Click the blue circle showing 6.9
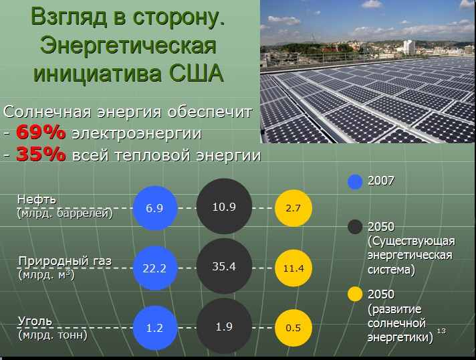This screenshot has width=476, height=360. click(x=155, y=208)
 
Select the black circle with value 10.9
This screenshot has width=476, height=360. click(x=225, y=206)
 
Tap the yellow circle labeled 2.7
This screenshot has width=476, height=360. click(x=293, y=208)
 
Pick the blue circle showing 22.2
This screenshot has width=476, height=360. click(x=155, y=268)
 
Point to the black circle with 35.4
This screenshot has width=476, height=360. click(x=225, y=266)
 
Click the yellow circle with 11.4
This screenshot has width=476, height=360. click(x=293, y=268)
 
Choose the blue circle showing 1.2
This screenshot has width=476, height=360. click(x=155, y=328)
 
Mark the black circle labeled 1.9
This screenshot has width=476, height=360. click(x=225, y=326)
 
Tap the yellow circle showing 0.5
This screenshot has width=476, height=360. click(x=293, y=328)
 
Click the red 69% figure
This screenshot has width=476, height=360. click(x=41, y=132)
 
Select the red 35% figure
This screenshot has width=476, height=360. click(x=41, y=154)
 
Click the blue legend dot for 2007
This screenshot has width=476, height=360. click(x=355, y=182)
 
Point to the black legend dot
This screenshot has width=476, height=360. click(x=355, y=227)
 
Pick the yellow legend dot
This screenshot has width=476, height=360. click(x=355, y=294)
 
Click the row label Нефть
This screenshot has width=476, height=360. click(x=37, y=199)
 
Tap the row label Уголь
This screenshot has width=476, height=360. click(x=35, y=321)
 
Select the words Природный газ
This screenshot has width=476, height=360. click(x=65, y=261)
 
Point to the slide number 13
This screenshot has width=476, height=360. click(x=441, y=331)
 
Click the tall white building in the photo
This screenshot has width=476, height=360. click(x=409, y=48)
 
